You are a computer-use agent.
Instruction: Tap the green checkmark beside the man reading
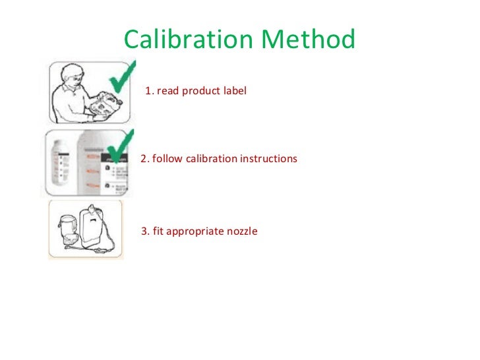121,82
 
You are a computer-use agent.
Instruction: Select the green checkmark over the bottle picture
119,148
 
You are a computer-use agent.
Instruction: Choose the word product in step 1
200,90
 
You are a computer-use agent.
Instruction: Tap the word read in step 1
167,90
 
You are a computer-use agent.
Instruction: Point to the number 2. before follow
145,159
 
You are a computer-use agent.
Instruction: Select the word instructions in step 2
267,159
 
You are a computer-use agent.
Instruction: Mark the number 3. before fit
145,231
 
